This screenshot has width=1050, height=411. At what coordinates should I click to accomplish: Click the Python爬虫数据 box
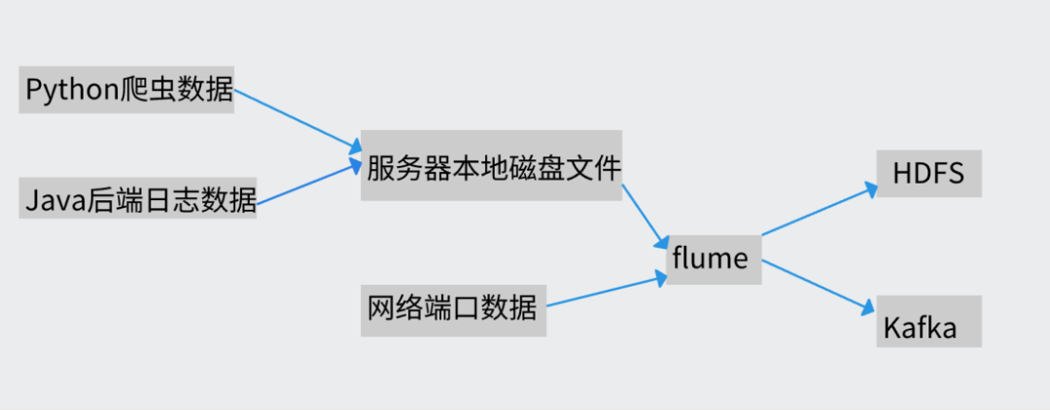(126, 90)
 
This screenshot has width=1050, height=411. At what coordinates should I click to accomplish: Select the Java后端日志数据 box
(137, 200)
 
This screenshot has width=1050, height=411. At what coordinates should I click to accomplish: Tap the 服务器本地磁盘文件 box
(491, 166)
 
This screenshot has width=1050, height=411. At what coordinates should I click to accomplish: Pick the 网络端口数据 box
(453, 310)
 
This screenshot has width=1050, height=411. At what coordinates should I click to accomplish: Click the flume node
(711, 258)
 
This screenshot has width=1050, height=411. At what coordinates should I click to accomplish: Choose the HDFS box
(928, 173)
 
